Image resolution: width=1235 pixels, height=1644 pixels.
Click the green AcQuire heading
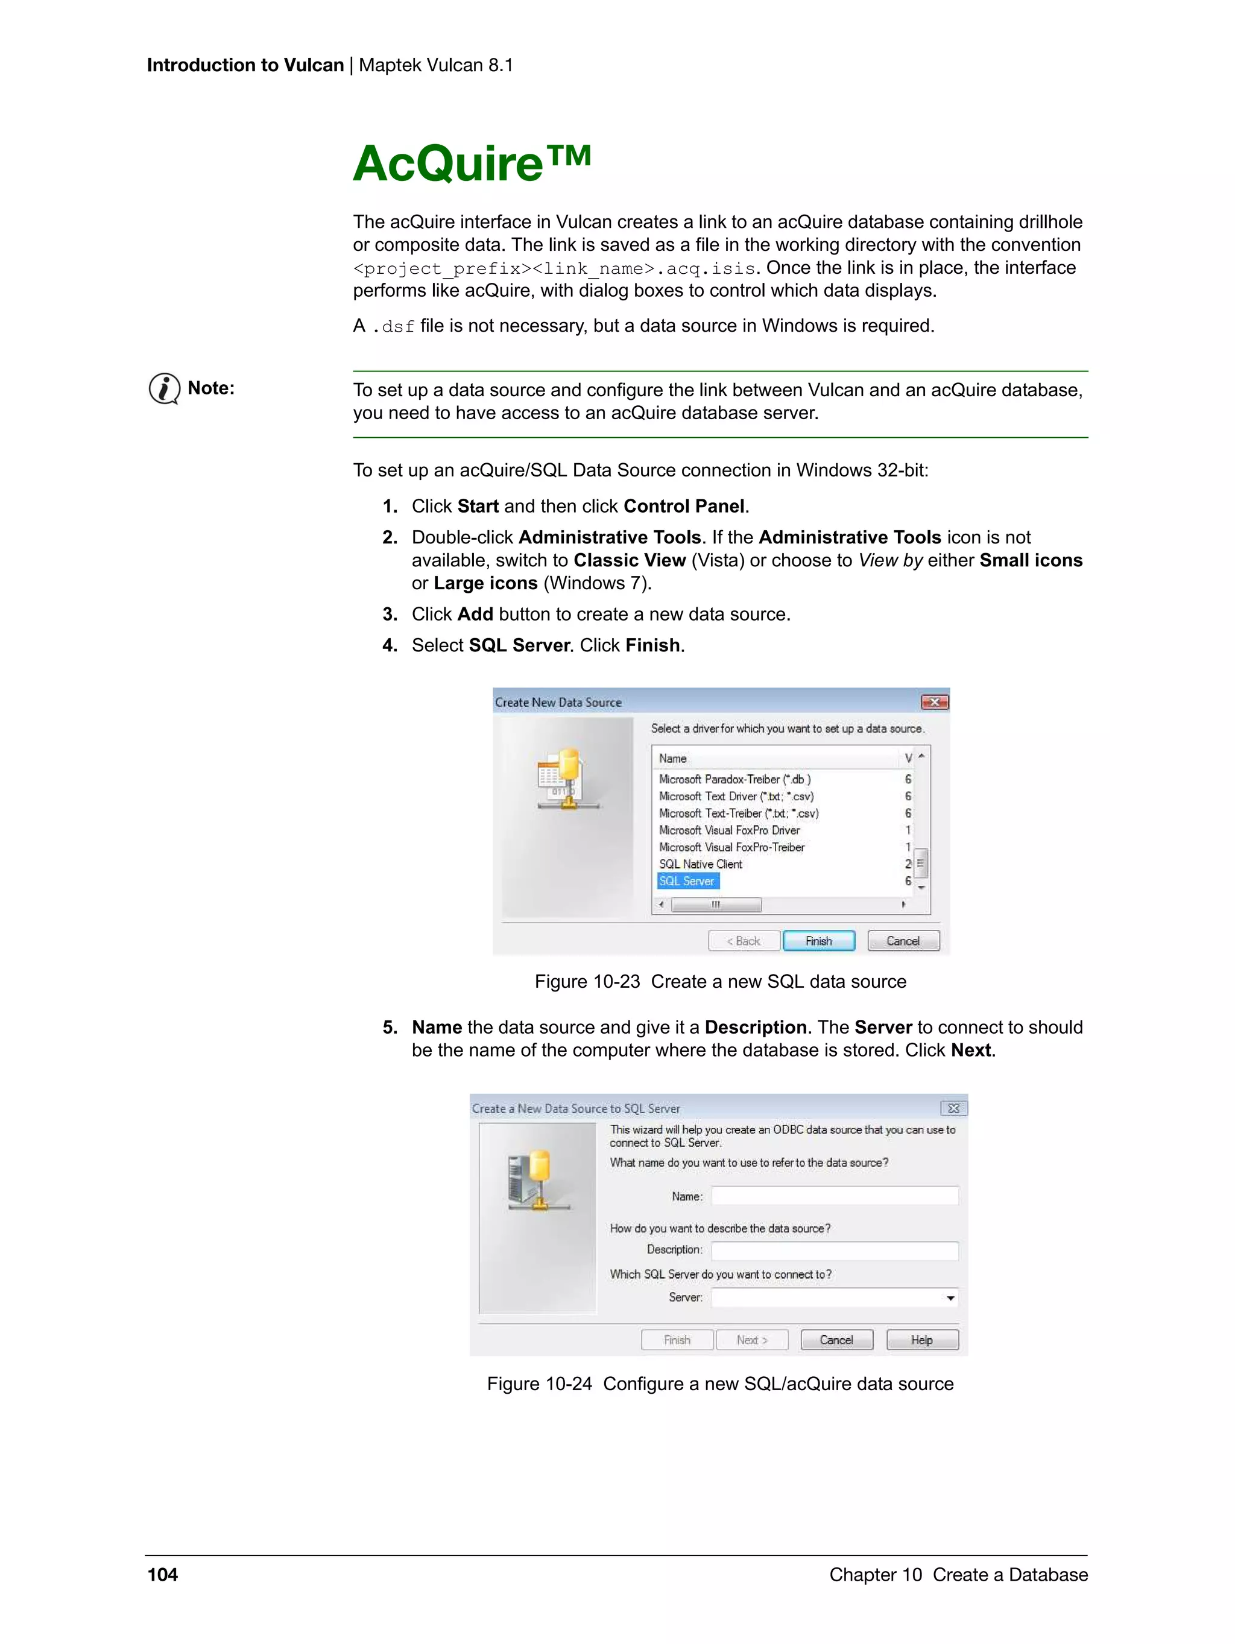point(471,163)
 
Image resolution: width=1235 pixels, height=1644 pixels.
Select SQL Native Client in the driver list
point(700,864)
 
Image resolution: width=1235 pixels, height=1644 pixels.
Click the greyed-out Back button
point(743,941)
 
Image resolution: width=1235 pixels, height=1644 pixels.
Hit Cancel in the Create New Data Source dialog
point(903,941)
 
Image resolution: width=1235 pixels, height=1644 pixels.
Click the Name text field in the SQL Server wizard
point(834,1196)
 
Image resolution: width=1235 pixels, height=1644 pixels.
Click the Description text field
point(834,1251)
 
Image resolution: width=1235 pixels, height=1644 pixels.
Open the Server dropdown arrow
point(950,1298)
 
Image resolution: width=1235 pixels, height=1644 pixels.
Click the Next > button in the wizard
point(751,1340)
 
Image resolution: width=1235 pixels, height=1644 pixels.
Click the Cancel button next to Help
point(836,1340)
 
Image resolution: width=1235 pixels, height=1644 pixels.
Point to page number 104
point(163,1574)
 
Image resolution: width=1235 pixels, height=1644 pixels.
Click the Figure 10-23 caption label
point(586,982)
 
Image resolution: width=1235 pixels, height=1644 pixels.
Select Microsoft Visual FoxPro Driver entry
point(729,830)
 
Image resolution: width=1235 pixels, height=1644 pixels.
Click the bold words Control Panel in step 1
point(684,506)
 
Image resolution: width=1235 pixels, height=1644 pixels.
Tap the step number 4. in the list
point(390,645)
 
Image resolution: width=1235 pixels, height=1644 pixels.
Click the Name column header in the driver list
point(672,758)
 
